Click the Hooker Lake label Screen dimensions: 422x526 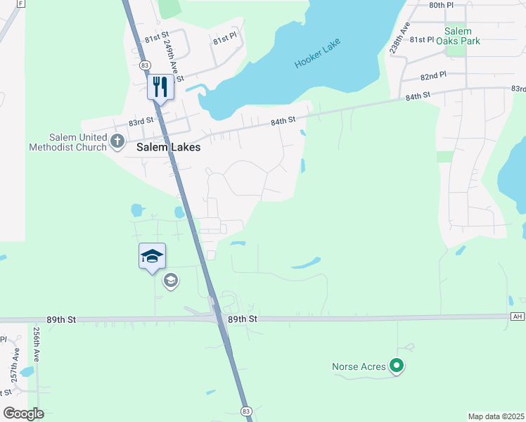[318, 53]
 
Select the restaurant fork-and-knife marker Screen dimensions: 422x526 [160, 87]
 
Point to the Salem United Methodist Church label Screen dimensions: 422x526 [68, 142]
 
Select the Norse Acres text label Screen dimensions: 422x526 [359, 366]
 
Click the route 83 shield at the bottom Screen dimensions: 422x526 [245, 411]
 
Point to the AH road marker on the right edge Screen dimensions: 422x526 [518, 316]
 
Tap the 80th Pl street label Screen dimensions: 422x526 [442, 5]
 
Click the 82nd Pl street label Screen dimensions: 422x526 [434, 75]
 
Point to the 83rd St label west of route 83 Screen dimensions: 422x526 [141, 122]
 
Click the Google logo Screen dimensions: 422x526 [23, 414]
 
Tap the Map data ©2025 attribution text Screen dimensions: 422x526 [496, 416]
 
